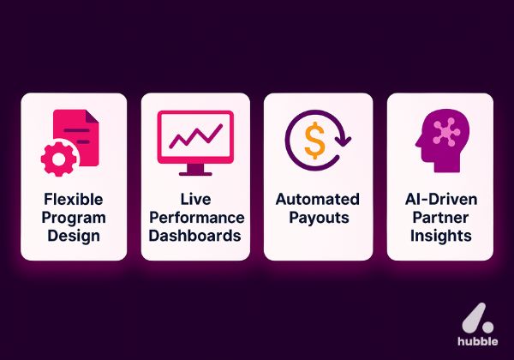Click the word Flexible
click(74, 199)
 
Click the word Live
click(196, 199)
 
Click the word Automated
click(318, 199)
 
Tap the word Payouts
click(318, 216)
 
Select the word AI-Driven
click(440, 199)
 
